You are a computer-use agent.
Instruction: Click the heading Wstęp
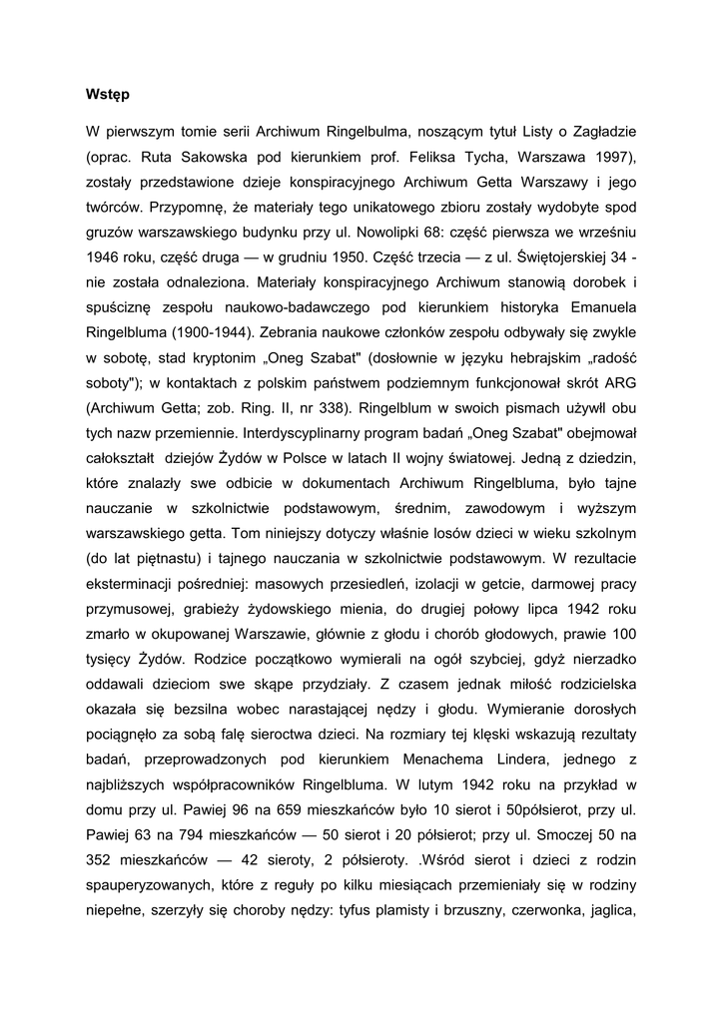tap(108, 95)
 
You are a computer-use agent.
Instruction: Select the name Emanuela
tap(599, 313)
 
